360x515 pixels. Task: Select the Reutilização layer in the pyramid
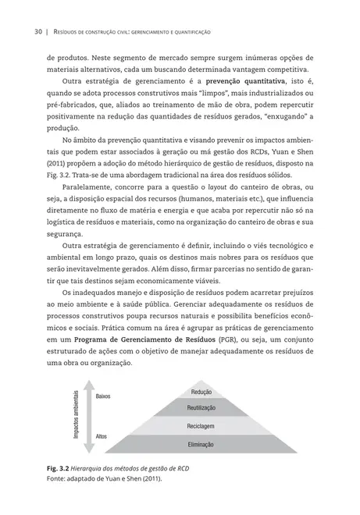(x=201, y=408)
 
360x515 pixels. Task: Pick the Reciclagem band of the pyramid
(x=201, y=426)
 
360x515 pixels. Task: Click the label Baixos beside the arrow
(x=102, y=396)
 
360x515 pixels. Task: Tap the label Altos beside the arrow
(x=100, y=436)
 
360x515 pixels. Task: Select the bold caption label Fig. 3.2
(x=59, y=468)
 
